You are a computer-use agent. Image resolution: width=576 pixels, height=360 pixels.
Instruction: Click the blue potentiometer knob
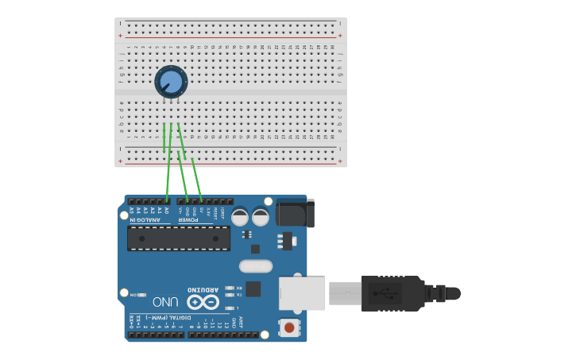point(171,81)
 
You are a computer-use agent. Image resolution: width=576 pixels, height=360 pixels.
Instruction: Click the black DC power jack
point(295,213)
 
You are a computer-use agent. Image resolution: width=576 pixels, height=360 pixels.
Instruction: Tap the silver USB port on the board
point(302,292)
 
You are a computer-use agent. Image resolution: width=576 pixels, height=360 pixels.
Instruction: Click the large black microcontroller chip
point(179,238)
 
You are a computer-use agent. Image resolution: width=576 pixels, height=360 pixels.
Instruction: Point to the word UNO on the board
point(165,302)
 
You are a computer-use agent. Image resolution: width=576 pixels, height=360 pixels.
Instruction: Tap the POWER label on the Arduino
point(187,220)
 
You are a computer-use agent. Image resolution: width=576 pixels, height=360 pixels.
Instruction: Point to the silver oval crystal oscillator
point(255,267)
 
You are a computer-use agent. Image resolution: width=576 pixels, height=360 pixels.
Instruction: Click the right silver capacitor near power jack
point(261,216)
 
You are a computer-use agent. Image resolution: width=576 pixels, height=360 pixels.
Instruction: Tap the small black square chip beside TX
point(253,289)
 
